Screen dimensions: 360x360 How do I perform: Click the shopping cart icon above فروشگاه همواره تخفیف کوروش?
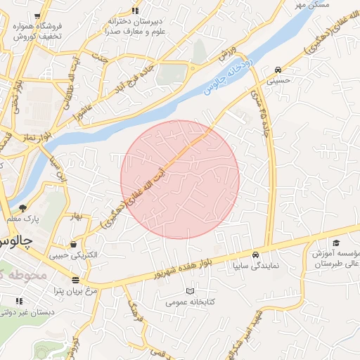tap(37, 15)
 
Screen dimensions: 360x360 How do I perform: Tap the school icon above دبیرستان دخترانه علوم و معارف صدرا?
tap(135, 10)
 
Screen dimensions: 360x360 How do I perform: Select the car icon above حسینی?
tap(279, 70)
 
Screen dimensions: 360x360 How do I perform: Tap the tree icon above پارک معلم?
tap(22, 207)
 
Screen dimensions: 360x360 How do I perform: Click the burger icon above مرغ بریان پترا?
tap(75, 280)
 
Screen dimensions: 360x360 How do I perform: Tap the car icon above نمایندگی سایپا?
tap(256, 255)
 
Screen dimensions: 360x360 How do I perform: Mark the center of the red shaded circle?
tap(180, 180)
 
